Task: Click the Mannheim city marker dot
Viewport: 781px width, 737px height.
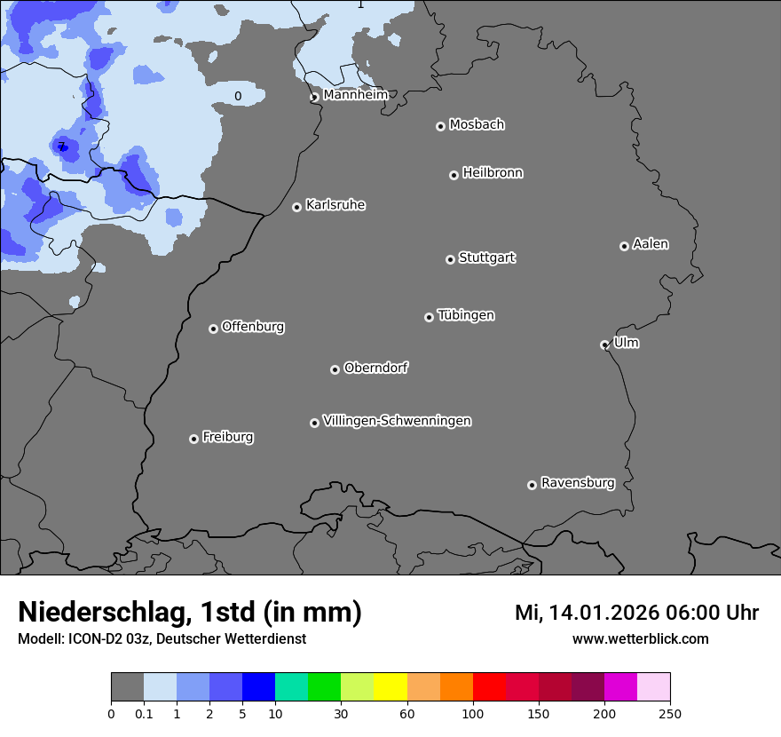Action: tap(314, 98)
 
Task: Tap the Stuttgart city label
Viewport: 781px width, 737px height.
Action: tap(486, 258)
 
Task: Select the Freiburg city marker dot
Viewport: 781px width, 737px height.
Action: tap(193, 439)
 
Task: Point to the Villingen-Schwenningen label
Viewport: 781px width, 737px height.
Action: tap(397, 421)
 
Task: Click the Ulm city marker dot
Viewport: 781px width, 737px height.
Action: tap(604, 345)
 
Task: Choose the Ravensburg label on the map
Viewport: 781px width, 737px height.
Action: tap(578, 483)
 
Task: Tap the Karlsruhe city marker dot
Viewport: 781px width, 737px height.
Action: tap(297, 207)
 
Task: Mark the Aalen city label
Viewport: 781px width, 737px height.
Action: tap(651, 244)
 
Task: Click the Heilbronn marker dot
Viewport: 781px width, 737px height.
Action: tap(454, 175)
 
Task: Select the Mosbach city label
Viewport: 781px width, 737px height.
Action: tap(477, 125)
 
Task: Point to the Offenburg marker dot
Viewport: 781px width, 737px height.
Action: tap(213, 329)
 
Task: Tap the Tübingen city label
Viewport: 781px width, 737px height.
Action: tap(466, 315)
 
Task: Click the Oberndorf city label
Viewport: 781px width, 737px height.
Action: tap(375, 368)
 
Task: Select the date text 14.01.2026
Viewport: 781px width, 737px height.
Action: tap(599, 613)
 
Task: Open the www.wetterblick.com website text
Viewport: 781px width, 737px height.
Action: tap(640, 639)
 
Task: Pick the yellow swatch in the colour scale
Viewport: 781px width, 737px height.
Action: tap(390, 687)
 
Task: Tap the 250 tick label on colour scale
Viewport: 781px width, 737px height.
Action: tap(670, 713)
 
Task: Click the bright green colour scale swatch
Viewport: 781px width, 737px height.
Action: tap(325, 687)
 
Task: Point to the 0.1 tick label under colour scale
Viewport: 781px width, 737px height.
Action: tap(144, 713)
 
